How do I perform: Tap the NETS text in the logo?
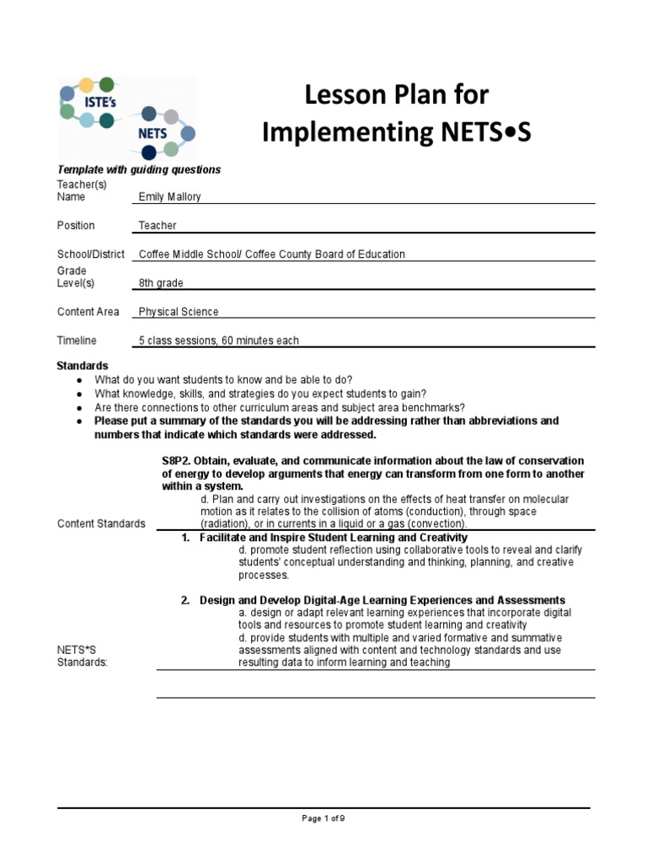click(x=152, y=133)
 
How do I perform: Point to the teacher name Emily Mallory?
click(x=169, y=197)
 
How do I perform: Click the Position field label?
click(x=76, y=226)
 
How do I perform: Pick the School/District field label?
click(x=91, y=255)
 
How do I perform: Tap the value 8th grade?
click(x=161, y=283)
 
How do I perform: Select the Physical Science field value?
click(x=179, y=312)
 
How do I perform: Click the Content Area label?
click(x=88, y=312)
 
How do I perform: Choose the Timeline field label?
click(x=77, y=340)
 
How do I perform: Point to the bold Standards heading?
click(x=83, y=366)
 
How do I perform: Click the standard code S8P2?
click(x=176, y=461)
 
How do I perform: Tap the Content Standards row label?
click(x=101, y=523)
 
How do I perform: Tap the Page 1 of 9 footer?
click(x=323, y=817)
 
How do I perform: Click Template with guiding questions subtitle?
click(x=139, y=169)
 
